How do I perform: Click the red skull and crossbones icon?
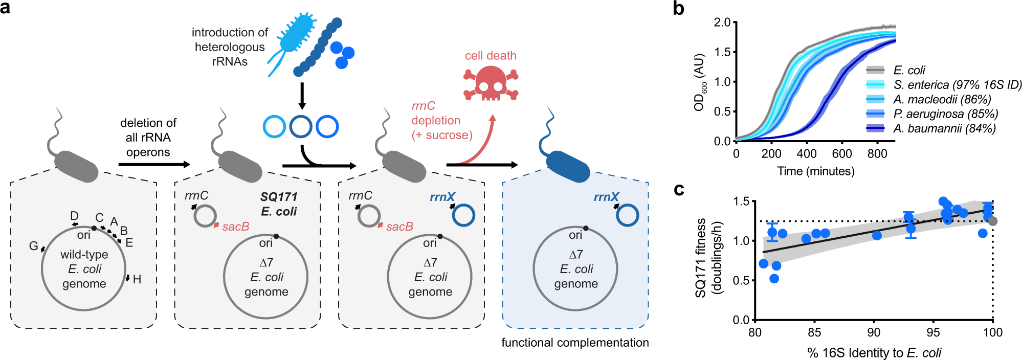click(x=491, y=83)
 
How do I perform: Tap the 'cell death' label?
click(x=491, y=56)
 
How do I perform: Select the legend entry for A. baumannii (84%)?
click(x=944, y=128)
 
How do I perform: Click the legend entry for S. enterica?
click(x=957, y=85)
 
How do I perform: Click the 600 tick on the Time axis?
click(x=841, y=154)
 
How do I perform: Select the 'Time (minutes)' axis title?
click(x=816, y=171)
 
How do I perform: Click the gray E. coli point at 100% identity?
click(x=992, y=221)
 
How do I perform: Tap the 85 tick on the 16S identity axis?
click(x=814, y=333)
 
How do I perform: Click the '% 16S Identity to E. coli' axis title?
click(x=874, y=353)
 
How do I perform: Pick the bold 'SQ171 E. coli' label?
click(x=279, y=204)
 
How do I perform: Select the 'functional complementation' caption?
click(x=575, y=343)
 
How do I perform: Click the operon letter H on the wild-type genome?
click(x=137, y=279)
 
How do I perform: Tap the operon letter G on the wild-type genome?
click(x=33, y=246)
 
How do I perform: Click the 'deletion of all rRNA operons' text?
click(x=148, y=138)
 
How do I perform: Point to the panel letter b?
click(x=678, y=9)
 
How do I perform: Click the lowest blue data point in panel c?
click(x=774, y=279)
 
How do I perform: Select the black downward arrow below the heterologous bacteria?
click(x=302, y=96)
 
